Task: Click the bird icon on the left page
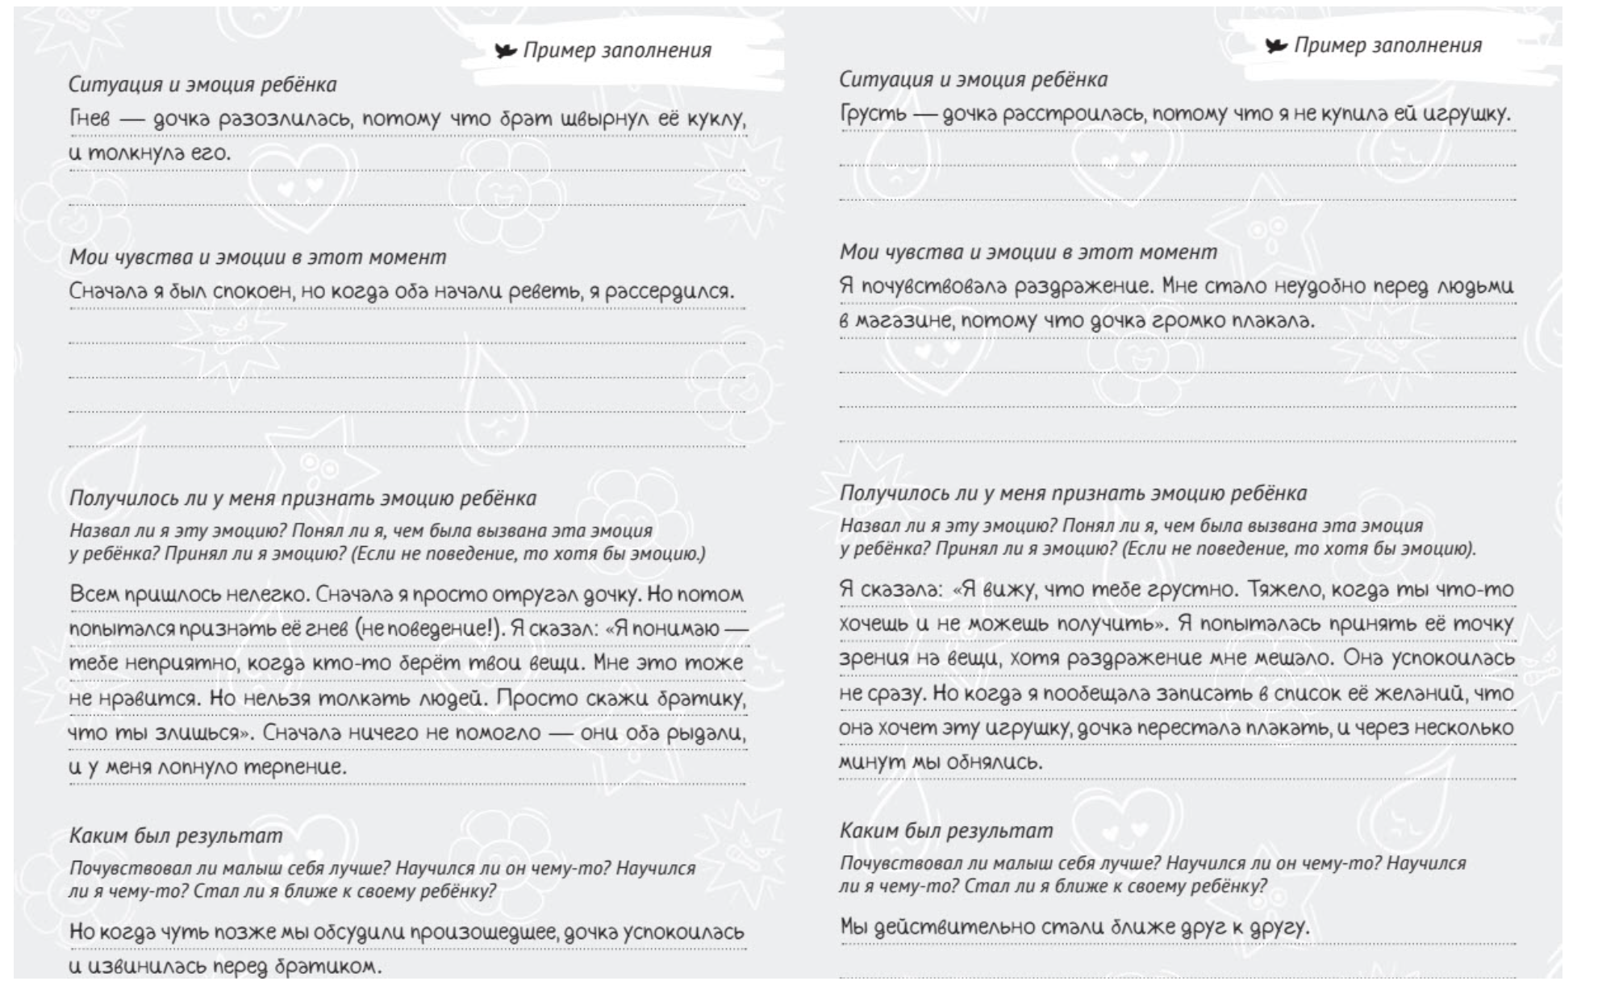point(506,51)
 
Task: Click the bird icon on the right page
point(1276,45)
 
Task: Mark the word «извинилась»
point(148,966)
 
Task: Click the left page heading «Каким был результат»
point(176,835)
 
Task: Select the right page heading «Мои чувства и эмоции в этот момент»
point(1028,253)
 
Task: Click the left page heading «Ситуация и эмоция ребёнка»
point(202,85)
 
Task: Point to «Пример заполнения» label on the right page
point(1387,45)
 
